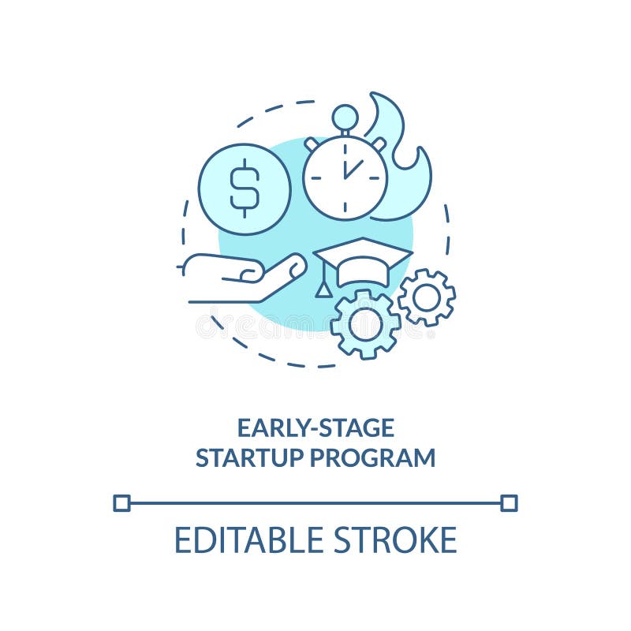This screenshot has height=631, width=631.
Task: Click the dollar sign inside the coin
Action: (245, 188)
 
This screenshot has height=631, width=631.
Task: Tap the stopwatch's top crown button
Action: (345, 118)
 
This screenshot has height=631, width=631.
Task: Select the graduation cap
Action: (363, 261)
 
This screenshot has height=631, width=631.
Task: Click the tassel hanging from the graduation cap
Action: (323, 288)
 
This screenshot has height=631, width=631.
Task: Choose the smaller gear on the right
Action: (427, 297)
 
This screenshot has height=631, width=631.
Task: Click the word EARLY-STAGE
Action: (315, 428)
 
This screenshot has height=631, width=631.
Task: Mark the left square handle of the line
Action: (121, 502)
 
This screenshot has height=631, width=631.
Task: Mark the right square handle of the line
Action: (510, 502)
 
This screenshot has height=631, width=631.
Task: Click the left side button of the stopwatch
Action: (312, 144)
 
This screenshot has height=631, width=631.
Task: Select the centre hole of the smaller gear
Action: (427, 297)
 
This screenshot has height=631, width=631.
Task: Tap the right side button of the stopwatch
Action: (379, 144)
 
